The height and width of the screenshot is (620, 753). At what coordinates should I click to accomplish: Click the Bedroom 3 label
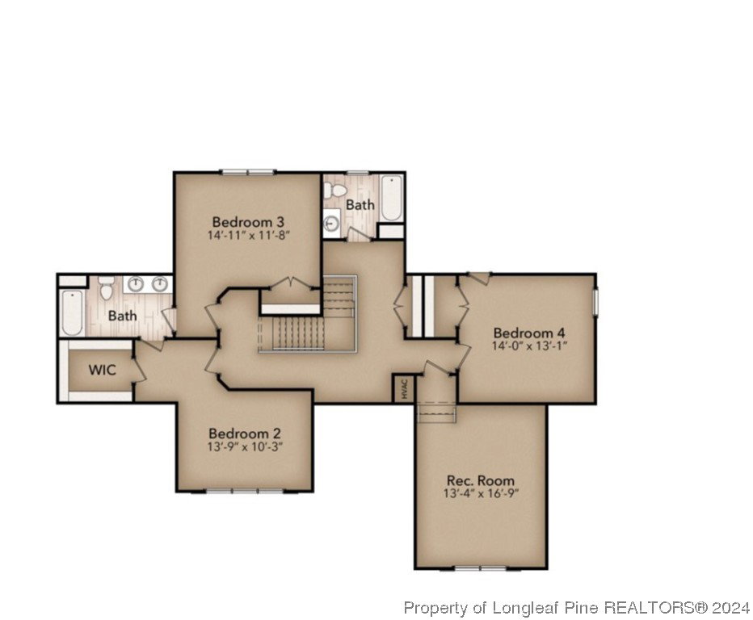[248, 222]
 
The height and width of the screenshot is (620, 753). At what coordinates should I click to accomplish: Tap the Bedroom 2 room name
[245, 434]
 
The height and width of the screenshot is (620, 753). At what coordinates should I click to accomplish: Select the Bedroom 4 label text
[529, 333]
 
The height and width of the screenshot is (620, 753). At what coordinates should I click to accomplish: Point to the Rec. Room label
[480, 480]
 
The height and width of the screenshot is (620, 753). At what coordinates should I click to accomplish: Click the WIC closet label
[103, 370]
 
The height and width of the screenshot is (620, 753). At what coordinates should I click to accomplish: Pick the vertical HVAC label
[404, 388]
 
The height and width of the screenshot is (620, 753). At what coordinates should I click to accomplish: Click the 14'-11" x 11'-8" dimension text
[249, 236]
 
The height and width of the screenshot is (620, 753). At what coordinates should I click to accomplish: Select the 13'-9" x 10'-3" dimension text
[245, 447]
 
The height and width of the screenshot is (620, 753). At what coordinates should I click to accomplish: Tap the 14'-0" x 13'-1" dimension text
[530, 346]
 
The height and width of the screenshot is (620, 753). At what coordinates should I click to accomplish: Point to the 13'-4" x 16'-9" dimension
[482, 493]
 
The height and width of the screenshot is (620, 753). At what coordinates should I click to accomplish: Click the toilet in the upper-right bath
[334, 191]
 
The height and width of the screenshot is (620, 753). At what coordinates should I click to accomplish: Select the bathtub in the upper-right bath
[391, 198]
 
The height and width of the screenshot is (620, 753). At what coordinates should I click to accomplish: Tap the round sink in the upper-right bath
[331, 224]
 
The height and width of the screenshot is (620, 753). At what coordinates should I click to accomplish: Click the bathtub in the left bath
[73, 312]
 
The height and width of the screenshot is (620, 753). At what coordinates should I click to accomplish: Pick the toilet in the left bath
[106, 288]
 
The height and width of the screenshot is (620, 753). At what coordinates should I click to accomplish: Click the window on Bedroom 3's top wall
[248, 172]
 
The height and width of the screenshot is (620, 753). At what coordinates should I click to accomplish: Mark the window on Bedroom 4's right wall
[595, 302]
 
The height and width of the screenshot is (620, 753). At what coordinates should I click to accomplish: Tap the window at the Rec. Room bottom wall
[481, 568]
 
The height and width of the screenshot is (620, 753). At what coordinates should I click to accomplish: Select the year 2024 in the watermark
[730, 608]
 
